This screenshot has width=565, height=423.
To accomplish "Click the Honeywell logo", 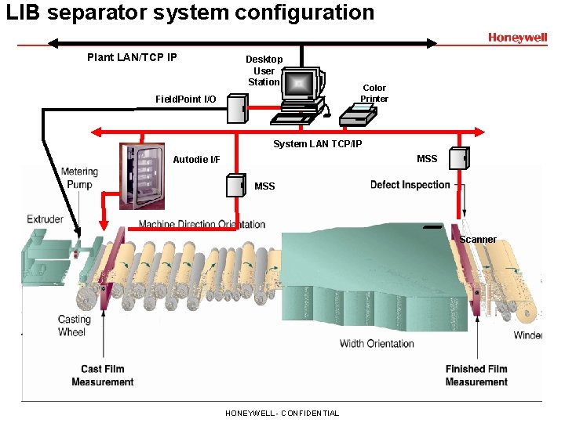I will [x=517, y=38].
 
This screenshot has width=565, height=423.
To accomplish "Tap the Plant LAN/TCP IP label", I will [x=132, y=57].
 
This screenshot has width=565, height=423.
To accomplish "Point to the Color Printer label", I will [x=374, y=93].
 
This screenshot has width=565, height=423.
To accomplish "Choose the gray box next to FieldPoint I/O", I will [x=237, y=108].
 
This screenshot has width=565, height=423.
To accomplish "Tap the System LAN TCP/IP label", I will [x=317, y=144].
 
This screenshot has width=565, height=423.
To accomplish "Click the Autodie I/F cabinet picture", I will [x=141, y=175].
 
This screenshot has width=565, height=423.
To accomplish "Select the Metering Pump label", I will [x=79, y=178].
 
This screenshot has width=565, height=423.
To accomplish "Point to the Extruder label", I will [x=45, y=219].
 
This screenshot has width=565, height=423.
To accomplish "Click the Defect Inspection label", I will [x=410, y=185].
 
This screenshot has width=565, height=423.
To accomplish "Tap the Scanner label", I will [x=478, y=240].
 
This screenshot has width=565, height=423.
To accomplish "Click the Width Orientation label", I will [x=377, y=343].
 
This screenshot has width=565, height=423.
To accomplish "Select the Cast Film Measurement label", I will [x=102, y=375].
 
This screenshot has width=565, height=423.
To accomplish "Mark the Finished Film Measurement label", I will [x=476, y=375].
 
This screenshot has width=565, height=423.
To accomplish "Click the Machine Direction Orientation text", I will [x=202, y=225].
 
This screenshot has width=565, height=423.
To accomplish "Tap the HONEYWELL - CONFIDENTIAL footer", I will [x=282, y=413].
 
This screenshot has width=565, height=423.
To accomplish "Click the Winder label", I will [x=527, y=335].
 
